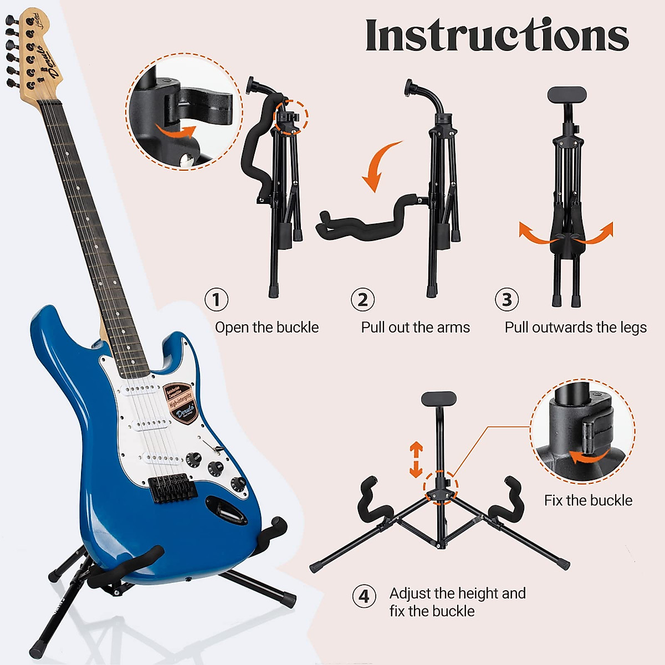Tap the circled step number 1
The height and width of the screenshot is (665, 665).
[x=216, y=300]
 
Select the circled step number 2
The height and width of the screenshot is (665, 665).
[x=362, y=300]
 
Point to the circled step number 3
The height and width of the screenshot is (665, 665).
[x=507, y=300]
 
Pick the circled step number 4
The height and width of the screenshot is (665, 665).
[x=364, y=596]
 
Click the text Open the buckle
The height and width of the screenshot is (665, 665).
[x=267, y=328]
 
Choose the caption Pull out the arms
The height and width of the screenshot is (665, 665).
[x=415, y=328]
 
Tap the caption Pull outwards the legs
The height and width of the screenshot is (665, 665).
[x=575, y=328]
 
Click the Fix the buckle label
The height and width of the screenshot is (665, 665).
[x=588, y=500]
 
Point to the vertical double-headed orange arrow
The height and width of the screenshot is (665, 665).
[x=416, y=460]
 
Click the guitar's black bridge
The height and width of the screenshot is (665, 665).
[x=168, y=488]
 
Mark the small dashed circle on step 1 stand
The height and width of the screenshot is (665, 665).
[x=290, y=117]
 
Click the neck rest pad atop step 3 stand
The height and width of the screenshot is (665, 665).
[x=566, y=94]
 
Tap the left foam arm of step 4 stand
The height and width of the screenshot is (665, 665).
[x=371, y=498]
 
